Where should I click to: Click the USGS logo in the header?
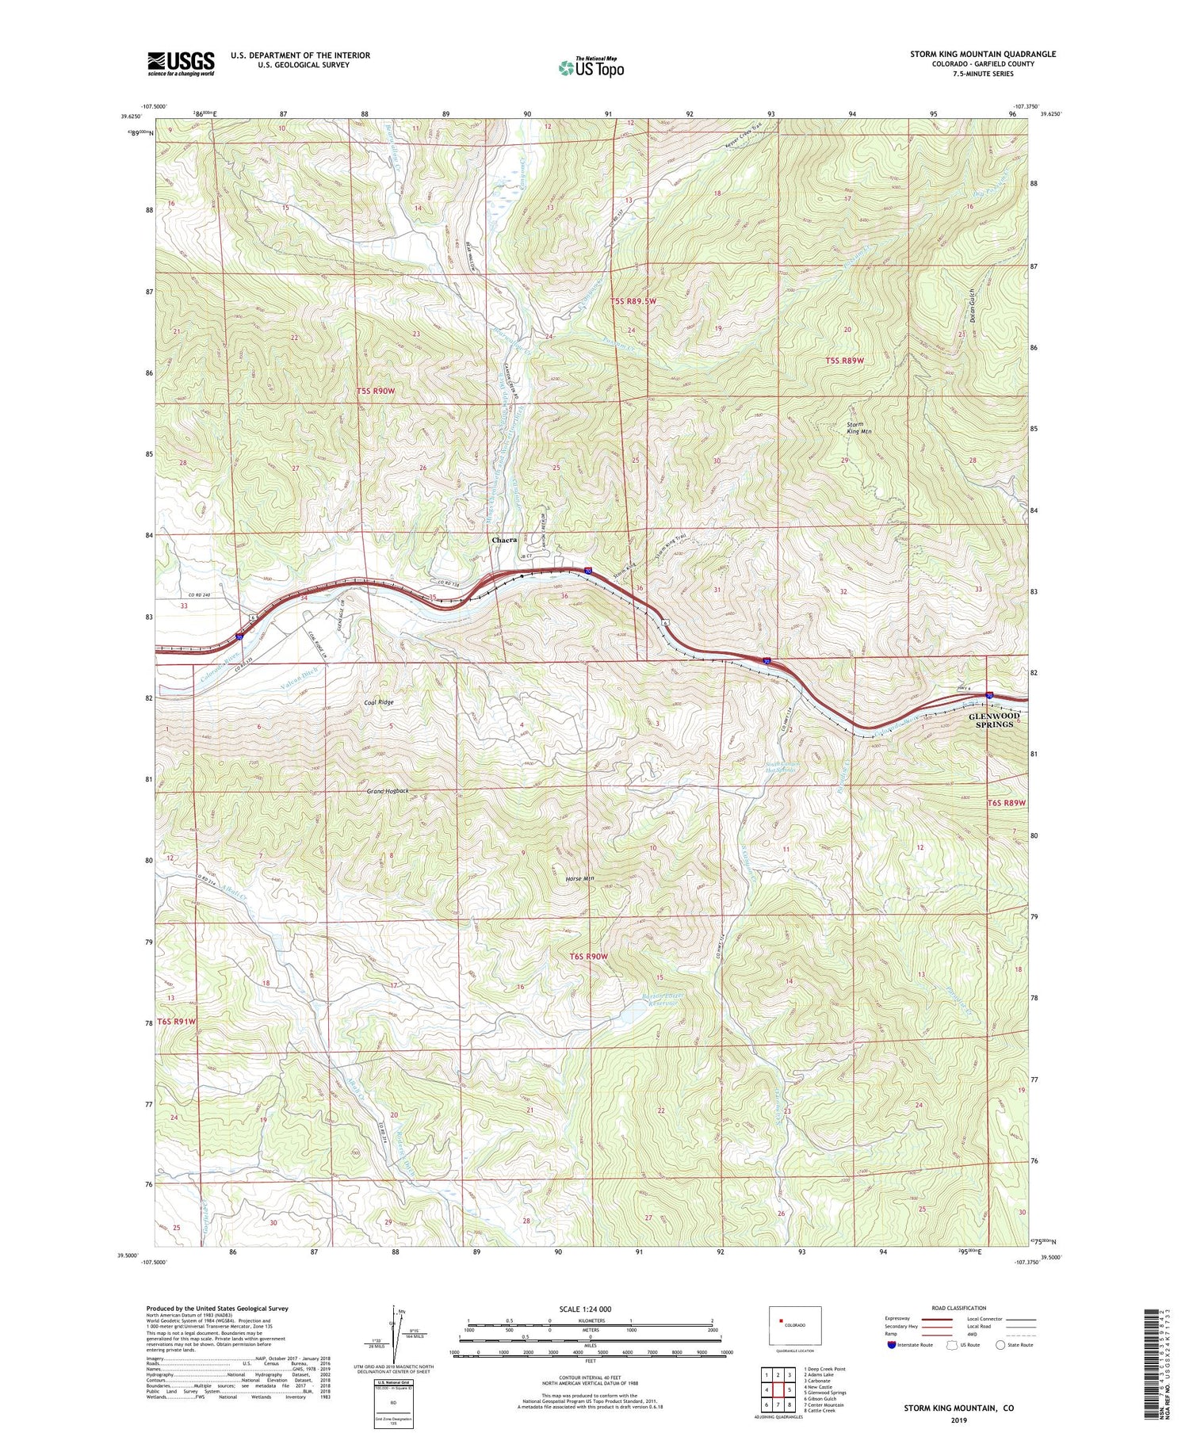[x=181, y=63]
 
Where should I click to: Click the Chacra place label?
[x=504, y=540]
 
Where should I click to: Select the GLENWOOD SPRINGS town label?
[x=994, y=720]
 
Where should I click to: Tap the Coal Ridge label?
[x=379, y=702]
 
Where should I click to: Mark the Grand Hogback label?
[x=388, y=791]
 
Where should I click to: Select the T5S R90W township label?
[x=376, y=392]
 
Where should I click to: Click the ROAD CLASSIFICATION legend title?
[x=958, y=1308]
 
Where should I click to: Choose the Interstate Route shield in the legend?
[x=893, y=1344]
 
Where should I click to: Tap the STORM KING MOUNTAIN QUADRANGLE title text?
[x=983, y=54]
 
